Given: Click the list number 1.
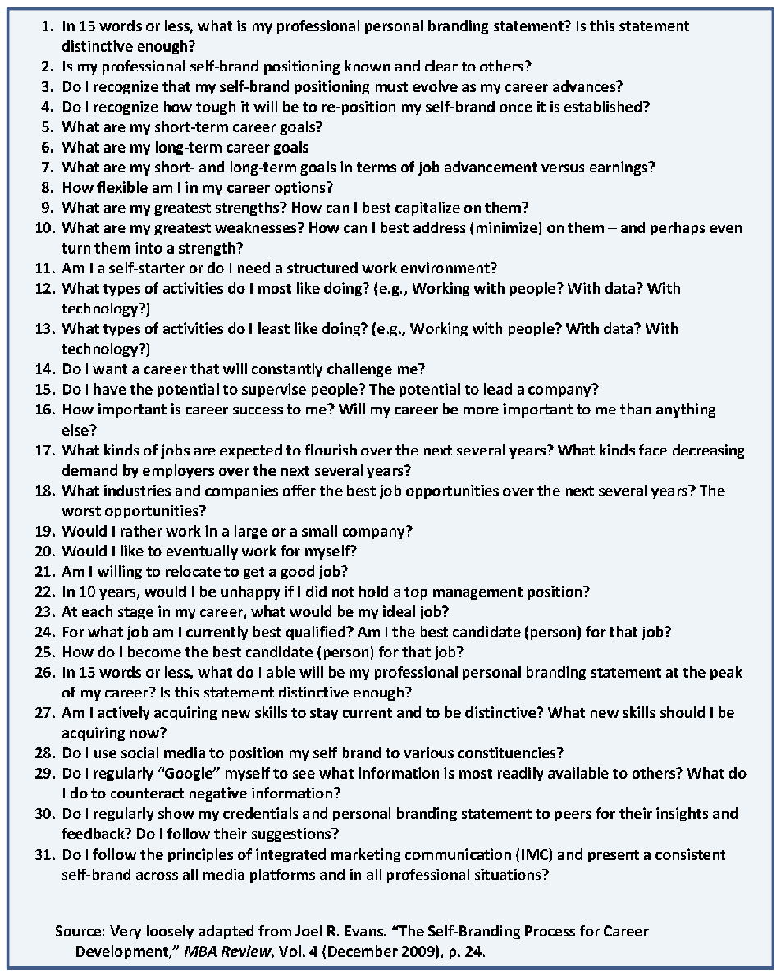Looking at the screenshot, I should tap(47, 26).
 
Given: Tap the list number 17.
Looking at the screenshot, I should tap(43, 450).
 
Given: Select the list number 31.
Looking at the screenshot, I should tap(43, 855).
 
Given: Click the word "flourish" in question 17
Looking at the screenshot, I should tap(329, 450).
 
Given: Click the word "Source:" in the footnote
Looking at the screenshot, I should tap(80, 932).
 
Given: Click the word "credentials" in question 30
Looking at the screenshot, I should tap(245, 814).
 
